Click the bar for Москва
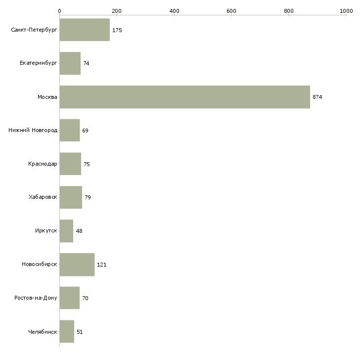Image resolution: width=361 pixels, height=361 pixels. point(185,97)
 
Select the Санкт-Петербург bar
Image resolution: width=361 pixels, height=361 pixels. point(85,30)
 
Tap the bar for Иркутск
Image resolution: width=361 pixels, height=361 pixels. point(67,231)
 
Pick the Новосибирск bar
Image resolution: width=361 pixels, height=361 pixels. point(77,265)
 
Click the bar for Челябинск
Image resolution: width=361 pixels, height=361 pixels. point(67,331)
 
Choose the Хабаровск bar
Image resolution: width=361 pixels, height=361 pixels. point(71,197)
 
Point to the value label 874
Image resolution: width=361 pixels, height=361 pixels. point(317,97)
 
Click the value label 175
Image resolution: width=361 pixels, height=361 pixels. point(117,30)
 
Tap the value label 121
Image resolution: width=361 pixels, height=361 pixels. point(101,265)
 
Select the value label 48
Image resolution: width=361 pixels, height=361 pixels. point(79,231)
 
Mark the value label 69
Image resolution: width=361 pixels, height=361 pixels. point(85,131)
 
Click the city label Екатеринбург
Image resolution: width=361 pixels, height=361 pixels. point(38,63)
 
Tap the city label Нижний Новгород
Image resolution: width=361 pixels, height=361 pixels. point(33,130)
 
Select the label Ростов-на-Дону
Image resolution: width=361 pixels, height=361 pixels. point(36,298)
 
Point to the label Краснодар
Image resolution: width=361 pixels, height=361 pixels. point(43,164)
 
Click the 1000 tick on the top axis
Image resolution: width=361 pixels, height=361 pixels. point(346,11)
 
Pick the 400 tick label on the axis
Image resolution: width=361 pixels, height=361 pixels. point(174,11)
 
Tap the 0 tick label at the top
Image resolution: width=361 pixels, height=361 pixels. point(60,11)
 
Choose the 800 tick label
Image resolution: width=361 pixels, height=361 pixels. point(289,11)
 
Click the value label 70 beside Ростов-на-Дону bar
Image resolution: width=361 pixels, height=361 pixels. point(85,298)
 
